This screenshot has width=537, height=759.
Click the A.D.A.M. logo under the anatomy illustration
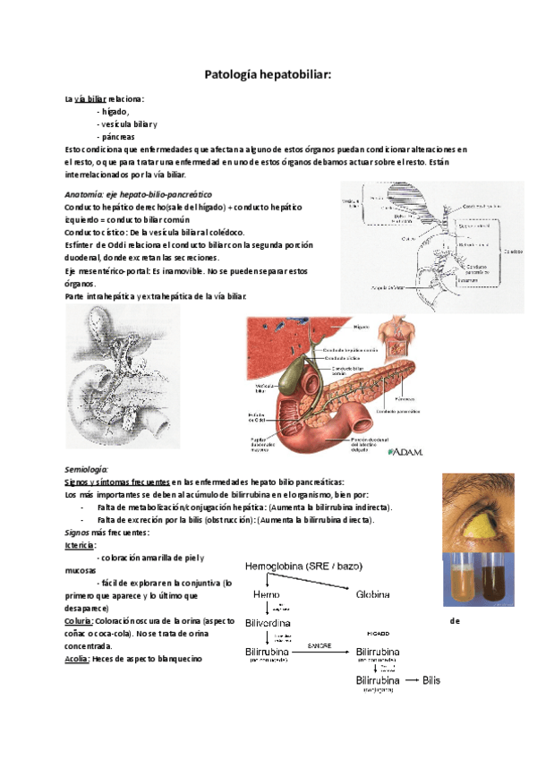405,451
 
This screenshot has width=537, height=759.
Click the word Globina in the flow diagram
374,594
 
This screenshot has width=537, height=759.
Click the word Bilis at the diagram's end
431,680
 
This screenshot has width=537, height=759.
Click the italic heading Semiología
87,469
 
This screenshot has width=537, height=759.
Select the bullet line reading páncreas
118,137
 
